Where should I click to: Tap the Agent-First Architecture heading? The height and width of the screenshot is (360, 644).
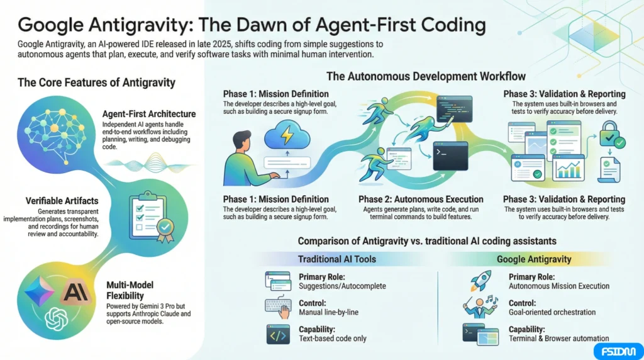(149, 114)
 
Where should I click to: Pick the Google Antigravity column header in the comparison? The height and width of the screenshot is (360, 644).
(534, 259)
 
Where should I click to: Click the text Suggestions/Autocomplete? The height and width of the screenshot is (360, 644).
(342, 286)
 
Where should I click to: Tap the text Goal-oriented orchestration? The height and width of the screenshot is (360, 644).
(551, 312)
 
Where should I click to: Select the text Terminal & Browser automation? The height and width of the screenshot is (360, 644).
(558, 338)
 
